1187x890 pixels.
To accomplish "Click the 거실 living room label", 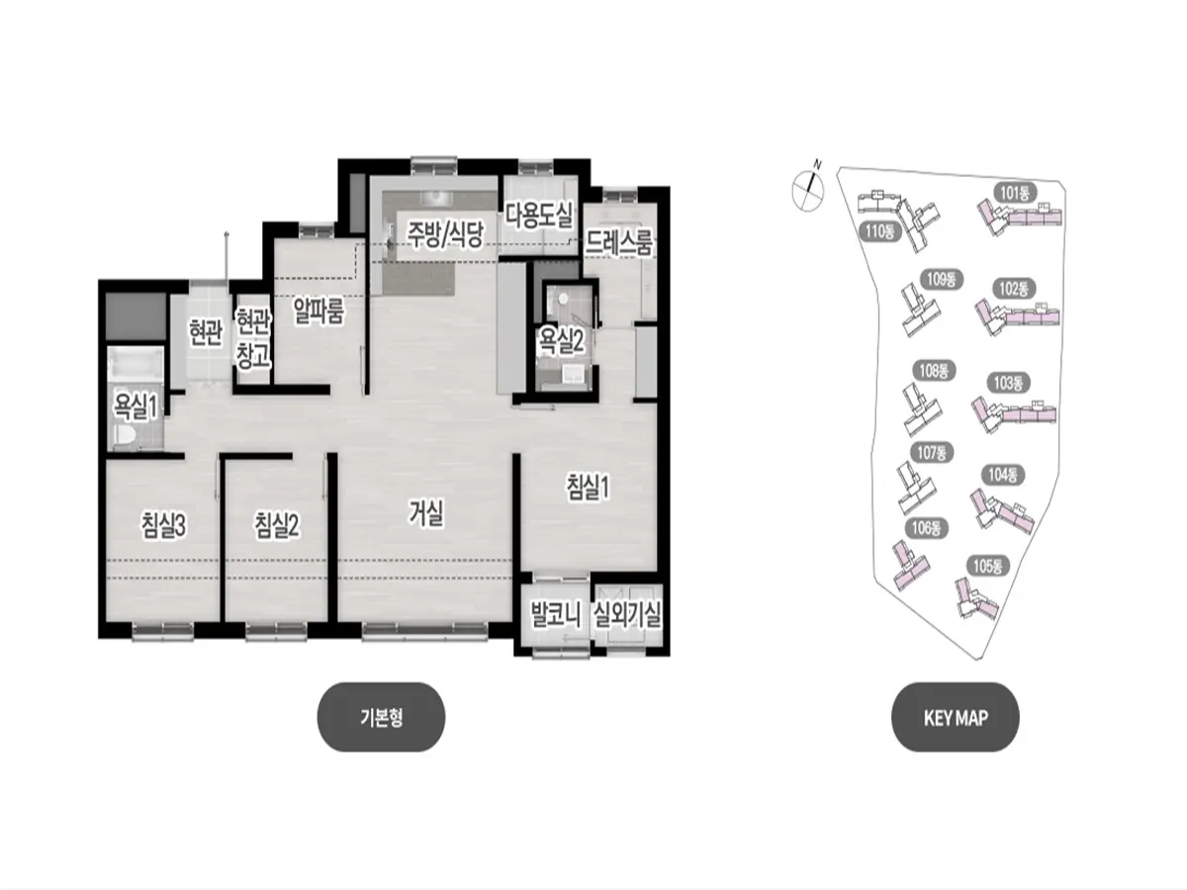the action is click(x=425, y=513).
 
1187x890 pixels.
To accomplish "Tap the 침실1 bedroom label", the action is click(x=588, y=487).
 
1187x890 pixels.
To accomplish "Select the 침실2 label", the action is click(x=276, y=525).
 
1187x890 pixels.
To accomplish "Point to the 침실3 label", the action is click(x=163, y=525).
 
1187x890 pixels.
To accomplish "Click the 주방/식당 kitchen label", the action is click(x=444, y=235).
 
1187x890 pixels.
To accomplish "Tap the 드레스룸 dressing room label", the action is click(x=619, y=242).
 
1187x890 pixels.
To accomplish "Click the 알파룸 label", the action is click(x=319, y=311).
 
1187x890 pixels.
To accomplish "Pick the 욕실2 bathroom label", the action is click(x=560, y=342).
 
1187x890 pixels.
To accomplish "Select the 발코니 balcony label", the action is click(x=555, y=615).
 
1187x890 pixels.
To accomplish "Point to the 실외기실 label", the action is click(x=627, y=615).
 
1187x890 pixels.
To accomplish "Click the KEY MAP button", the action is click(x=955, y=717).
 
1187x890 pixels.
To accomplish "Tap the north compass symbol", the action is click(x=808, y=187).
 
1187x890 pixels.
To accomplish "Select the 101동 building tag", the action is click(x=1015, y=193).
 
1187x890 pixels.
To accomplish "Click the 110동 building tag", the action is click(x=879, y=231).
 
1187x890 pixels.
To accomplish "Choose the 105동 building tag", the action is click(x=987, y=567).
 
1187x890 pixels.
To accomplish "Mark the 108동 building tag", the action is click(x=934, y=371).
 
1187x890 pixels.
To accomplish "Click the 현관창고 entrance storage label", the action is click(x=253, y=339).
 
